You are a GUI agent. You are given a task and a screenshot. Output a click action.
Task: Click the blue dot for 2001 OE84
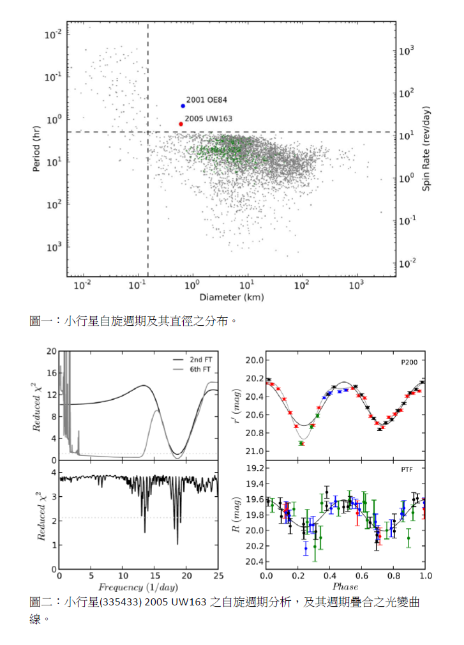(183, 106)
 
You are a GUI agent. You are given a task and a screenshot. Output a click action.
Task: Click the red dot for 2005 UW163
(181, 124)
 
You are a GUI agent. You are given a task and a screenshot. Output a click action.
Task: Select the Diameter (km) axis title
(231, 297)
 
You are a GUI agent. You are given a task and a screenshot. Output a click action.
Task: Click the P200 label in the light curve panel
(410, 362)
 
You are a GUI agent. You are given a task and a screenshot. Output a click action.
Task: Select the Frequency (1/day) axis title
(138, 587)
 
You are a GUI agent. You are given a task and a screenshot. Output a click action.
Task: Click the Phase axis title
(345, 587)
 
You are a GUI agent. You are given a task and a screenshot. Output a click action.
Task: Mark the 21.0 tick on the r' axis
(254, 452)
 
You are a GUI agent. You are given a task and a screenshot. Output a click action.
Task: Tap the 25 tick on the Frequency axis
(218, 575)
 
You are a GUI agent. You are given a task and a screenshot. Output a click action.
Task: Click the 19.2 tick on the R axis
(254, 468)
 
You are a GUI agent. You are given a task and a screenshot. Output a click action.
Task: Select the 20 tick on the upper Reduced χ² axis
(52, 351)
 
